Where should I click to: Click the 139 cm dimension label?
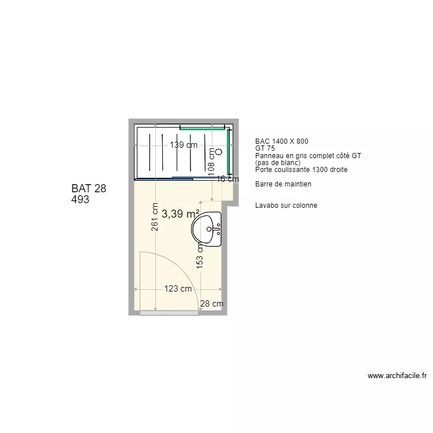[184, 145]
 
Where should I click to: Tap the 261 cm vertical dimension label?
[155, 216]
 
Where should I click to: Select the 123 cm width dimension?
[178, 289]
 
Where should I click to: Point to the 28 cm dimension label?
[212, 304]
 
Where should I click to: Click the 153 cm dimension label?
[200, 253]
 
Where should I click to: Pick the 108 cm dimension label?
[212, 163]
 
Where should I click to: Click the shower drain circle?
[219, 153]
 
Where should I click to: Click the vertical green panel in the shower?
[228, 152]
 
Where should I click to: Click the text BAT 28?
[89, 189]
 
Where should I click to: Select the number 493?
[80, 200]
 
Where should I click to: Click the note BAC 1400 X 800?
[282, 141]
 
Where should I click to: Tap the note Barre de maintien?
[283, 184]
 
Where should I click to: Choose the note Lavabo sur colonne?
[286, 206]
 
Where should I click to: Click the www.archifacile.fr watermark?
[397, 376]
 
